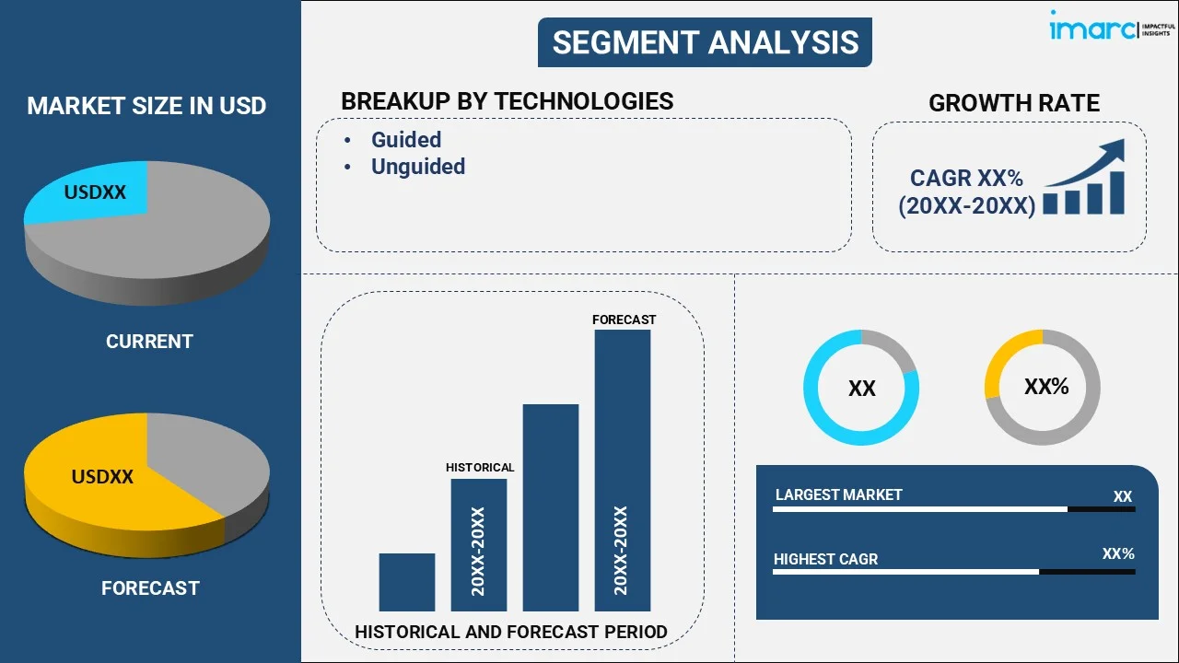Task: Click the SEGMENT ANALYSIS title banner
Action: click(705, 42)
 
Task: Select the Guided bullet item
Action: click(405, 140)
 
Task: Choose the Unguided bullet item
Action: click(417, 167)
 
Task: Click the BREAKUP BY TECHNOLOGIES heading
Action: click(507, 101)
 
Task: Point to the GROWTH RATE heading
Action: click(1013, 103)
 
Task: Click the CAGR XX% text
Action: click(966, 179)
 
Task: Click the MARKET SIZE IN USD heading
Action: click(146, 106)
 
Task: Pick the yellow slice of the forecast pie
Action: click(101, 479)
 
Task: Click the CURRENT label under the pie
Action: click(149, 342)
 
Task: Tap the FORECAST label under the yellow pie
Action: click(150, 588)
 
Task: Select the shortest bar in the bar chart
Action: click(406, 582)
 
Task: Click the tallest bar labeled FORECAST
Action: click(622, 470)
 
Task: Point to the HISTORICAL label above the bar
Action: click(480, 468)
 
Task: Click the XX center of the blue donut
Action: click(861, 389)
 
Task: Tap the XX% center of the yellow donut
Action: click(1045, 387)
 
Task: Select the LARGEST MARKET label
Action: click(838, 495)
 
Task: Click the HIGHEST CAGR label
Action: click(825, 559)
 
